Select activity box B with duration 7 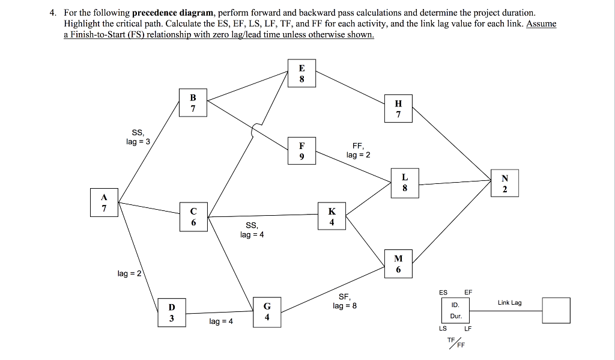193,103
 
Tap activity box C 193,216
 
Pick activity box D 172,313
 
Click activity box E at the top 301,73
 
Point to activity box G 267,311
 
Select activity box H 398,109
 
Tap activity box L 405,183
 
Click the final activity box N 504,184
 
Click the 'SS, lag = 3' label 138,136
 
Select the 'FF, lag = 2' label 358,150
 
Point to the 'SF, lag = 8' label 345,301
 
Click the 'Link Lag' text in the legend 509,302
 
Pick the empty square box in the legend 556,310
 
